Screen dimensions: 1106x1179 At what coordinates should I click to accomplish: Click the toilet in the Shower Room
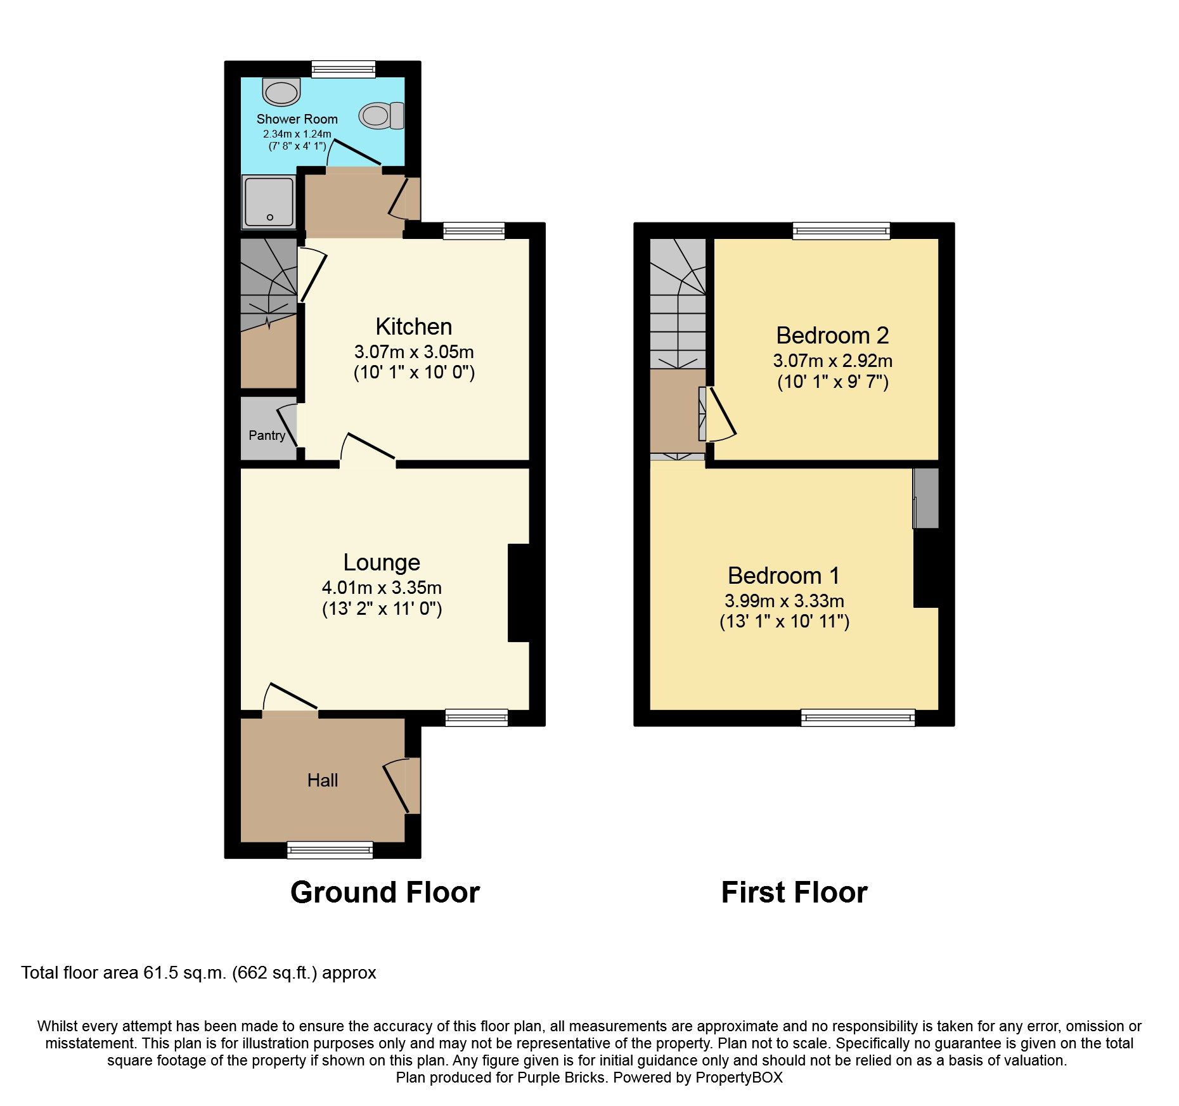tap(381, 115)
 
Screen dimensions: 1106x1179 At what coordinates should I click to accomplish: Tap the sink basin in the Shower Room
tap(281, 93)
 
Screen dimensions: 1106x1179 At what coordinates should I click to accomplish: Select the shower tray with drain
tap(269, 202)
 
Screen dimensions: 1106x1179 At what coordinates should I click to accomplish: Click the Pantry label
tap(266, 435)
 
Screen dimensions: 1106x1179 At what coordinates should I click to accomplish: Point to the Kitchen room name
tap(413, 326)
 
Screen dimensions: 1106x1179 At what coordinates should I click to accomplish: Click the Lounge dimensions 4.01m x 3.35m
tap(382, 588)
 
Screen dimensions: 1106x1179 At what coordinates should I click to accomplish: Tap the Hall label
tap(322, 780)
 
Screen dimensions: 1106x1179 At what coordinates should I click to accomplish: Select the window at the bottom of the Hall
tap(330, 850)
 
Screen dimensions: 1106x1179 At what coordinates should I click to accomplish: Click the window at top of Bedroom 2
tap(841, 231)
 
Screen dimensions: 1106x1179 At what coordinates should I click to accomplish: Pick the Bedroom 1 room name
tap(783, 576)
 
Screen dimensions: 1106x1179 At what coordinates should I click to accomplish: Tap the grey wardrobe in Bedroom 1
tap(926, 498)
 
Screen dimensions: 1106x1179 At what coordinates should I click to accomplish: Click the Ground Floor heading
tap(385, 892)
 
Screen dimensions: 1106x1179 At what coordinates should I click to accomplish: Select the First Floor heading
tap(794, 892)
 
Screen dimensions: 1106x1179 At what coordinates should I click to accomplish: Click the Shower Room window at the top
tap(343, 69)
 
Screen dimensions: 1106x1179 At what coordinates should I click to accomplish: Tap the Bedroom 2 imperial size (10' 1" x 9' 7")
tap(832, 382)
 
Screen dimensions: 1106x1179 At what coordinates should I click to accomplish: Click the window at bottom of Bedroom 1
tap(858, 717)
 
